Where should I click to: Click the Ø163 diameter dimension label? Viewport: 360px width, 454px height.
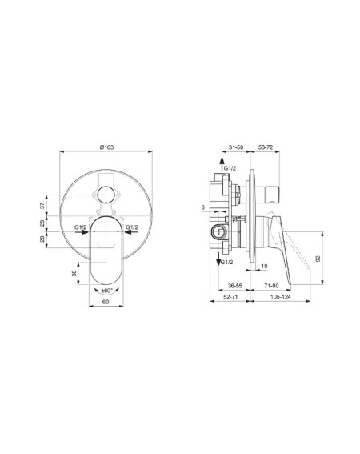point(106,147)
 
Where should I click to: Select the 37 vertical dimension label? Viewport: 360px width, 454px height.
point(42,206)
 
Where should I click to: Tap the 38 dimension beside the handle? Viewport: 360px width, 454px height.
point(74,273)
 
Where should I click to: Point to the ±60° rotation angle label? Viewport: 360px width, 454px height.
point(106,291)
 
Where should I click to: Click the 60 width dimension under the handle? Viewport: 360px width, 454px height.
point(106,302)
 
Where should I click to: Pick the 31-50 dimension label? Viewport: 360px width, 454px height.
point(236,147)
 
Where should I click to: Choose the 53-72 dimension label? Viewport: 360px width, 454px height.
point(266,147)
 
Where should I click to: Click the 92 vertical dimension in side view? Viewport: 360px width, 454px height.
point(318,259)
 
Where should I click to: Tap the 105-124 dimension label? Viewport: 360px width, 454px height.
point(281,297)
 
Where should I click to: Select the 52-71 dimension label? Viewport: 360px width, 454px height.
point(230,297)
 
